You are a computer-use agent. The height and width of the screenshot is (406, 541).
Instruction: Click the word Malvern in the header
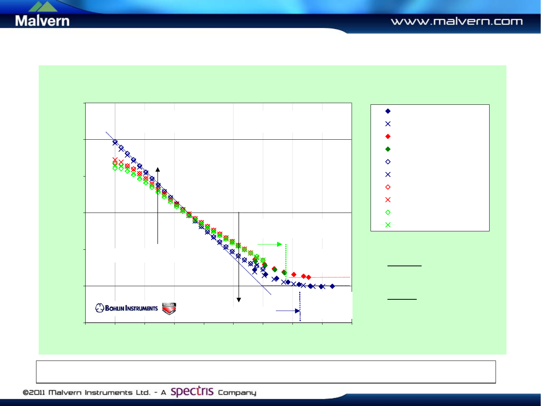point(42,21)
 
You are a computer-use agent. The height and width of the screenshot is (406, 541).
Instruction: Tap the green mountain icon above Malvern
point(43,6)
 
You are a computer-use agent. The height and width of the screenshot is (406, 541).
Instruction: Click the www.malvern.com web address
point(457,21)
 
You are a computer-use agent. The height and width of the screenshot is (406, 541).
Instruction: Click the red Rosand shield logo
point(169,308)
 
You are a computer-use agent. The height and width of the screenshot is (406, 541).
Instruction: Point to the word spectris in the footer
point(192,391)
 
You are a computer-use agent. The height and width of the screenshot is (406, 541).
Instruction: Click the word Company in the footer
point(237,392)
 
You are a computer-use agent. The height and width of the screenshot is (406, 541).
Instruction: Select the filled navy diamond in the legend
point(388,111)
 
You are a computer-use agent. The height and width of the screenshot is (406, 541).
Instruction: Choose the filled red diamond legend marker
point(388,136)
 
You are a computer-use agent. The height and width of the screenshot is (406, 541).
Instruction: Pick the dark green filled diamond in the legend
point(388,149)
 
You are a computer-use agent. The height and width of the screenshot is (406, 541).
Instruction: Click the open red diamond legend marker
point(388,187)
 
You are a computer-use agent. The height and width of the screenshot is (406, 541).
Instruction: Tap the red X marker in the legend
point(388,200)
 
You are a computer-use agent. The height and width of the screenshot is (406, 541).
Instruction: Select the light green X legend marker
point(388,225)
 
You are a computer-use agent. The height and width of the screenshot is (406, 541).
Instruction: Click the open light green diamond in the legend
point(388,212)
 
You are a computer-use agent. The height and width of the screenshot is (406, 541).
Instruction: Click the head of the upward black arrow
point(158,169)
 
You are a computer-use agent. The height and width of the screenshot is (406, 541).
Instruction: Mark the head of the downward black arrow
point(238,300)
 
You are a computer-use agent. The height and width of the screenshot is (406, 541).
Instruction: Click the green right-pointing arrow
point(270,244)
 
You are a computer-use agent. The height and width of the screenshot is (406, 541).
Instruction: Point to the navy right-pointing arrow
point(288,311)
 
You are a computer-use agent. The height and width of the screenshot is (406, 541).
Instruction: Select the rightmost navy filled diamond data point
point(332,286)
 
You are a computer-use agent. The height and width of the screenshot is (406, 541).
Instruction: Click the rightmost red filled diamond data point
point(308,277)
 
